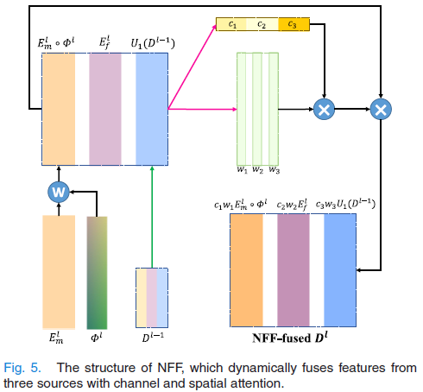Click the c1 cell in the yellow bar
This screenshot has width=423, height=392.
tap(231, 24)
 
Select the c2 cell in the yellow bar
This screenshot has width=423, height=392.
tap(262, 24)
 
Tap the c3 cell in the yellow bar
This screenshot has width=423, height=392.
tap(294, 24)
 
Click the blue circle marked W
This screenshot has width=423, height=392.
tap(59, 192)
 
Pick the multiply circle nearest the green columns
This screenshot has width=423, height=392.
tap(324, 109)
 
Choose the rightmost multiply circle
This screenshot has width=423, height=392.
tap(381, 109)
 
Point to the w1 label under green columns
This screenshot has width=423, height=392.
tap(242, 170)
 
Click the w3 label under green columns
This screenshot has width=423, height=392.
tap(275, 170)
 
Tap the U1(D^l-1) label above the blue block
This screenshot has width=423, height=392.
tap(153, 43)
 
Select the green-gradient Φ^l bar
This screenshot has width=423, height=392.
tap(97, 273)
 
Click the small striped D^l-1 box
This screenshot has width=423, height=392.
tap(152, 298)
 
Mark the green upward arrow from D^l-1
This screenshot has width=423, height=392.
tap(152, 217)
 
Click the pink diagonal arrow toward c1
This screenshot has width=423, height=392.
tap(192, 66)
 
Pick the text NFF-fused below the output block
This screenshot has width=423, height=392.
tap(281, 338)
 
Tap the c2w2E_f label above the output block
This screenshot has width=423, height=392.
tap(292, 205)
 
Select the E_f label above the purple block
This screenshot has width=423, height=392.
tap(104, 42)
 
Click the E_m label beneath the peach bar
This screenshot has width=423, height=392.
tap(56, 338)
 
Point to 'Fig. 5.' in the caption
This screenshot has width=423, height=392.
tap(22, 368)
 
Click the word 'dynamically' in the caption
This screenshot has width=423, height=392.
tap(262, 369)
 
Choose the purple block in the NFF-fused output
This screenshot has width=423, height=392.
tap(294, 270)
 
